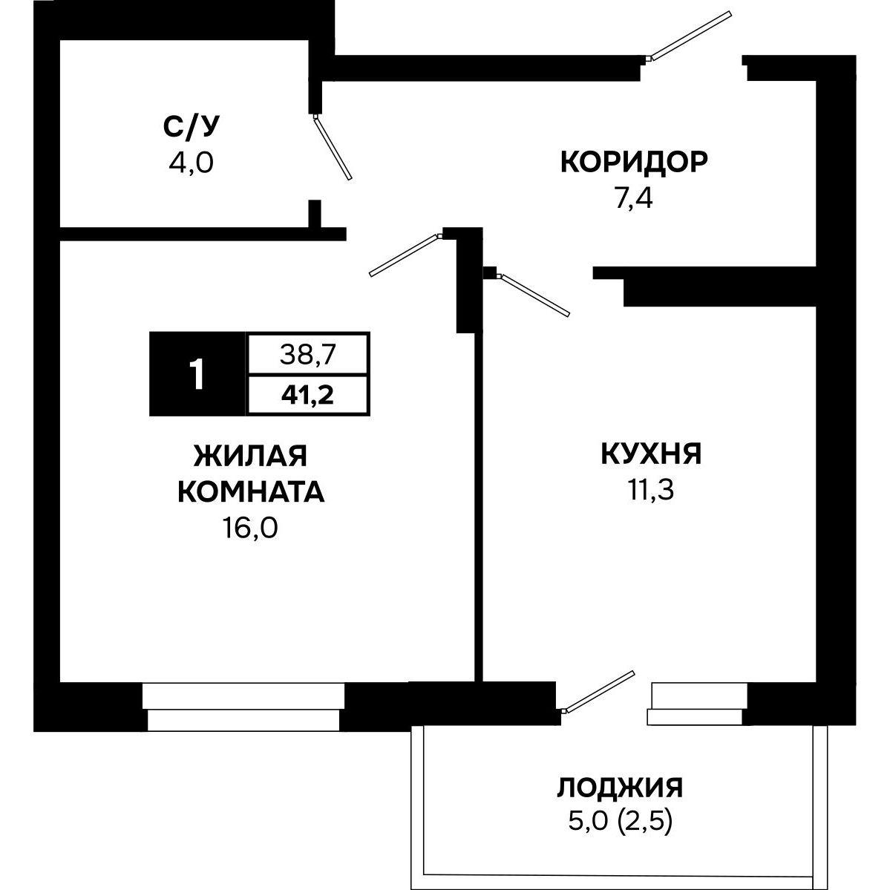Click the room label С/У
pos(192,128)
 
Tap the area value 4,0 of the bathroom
pos(192,162)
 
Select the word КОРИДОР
pos(634,161)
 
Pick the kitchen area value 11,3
pos(649,491)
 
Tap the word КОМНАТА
pos(250,492)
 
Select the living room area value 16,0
pos(250,529)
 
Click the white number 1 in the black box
pos(197,374)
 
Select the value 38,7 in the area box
pos(308,354)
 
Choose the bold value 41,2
pos(308,394)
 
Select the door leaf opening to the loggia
pos(600,691)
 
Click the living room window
pos(243,707)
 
